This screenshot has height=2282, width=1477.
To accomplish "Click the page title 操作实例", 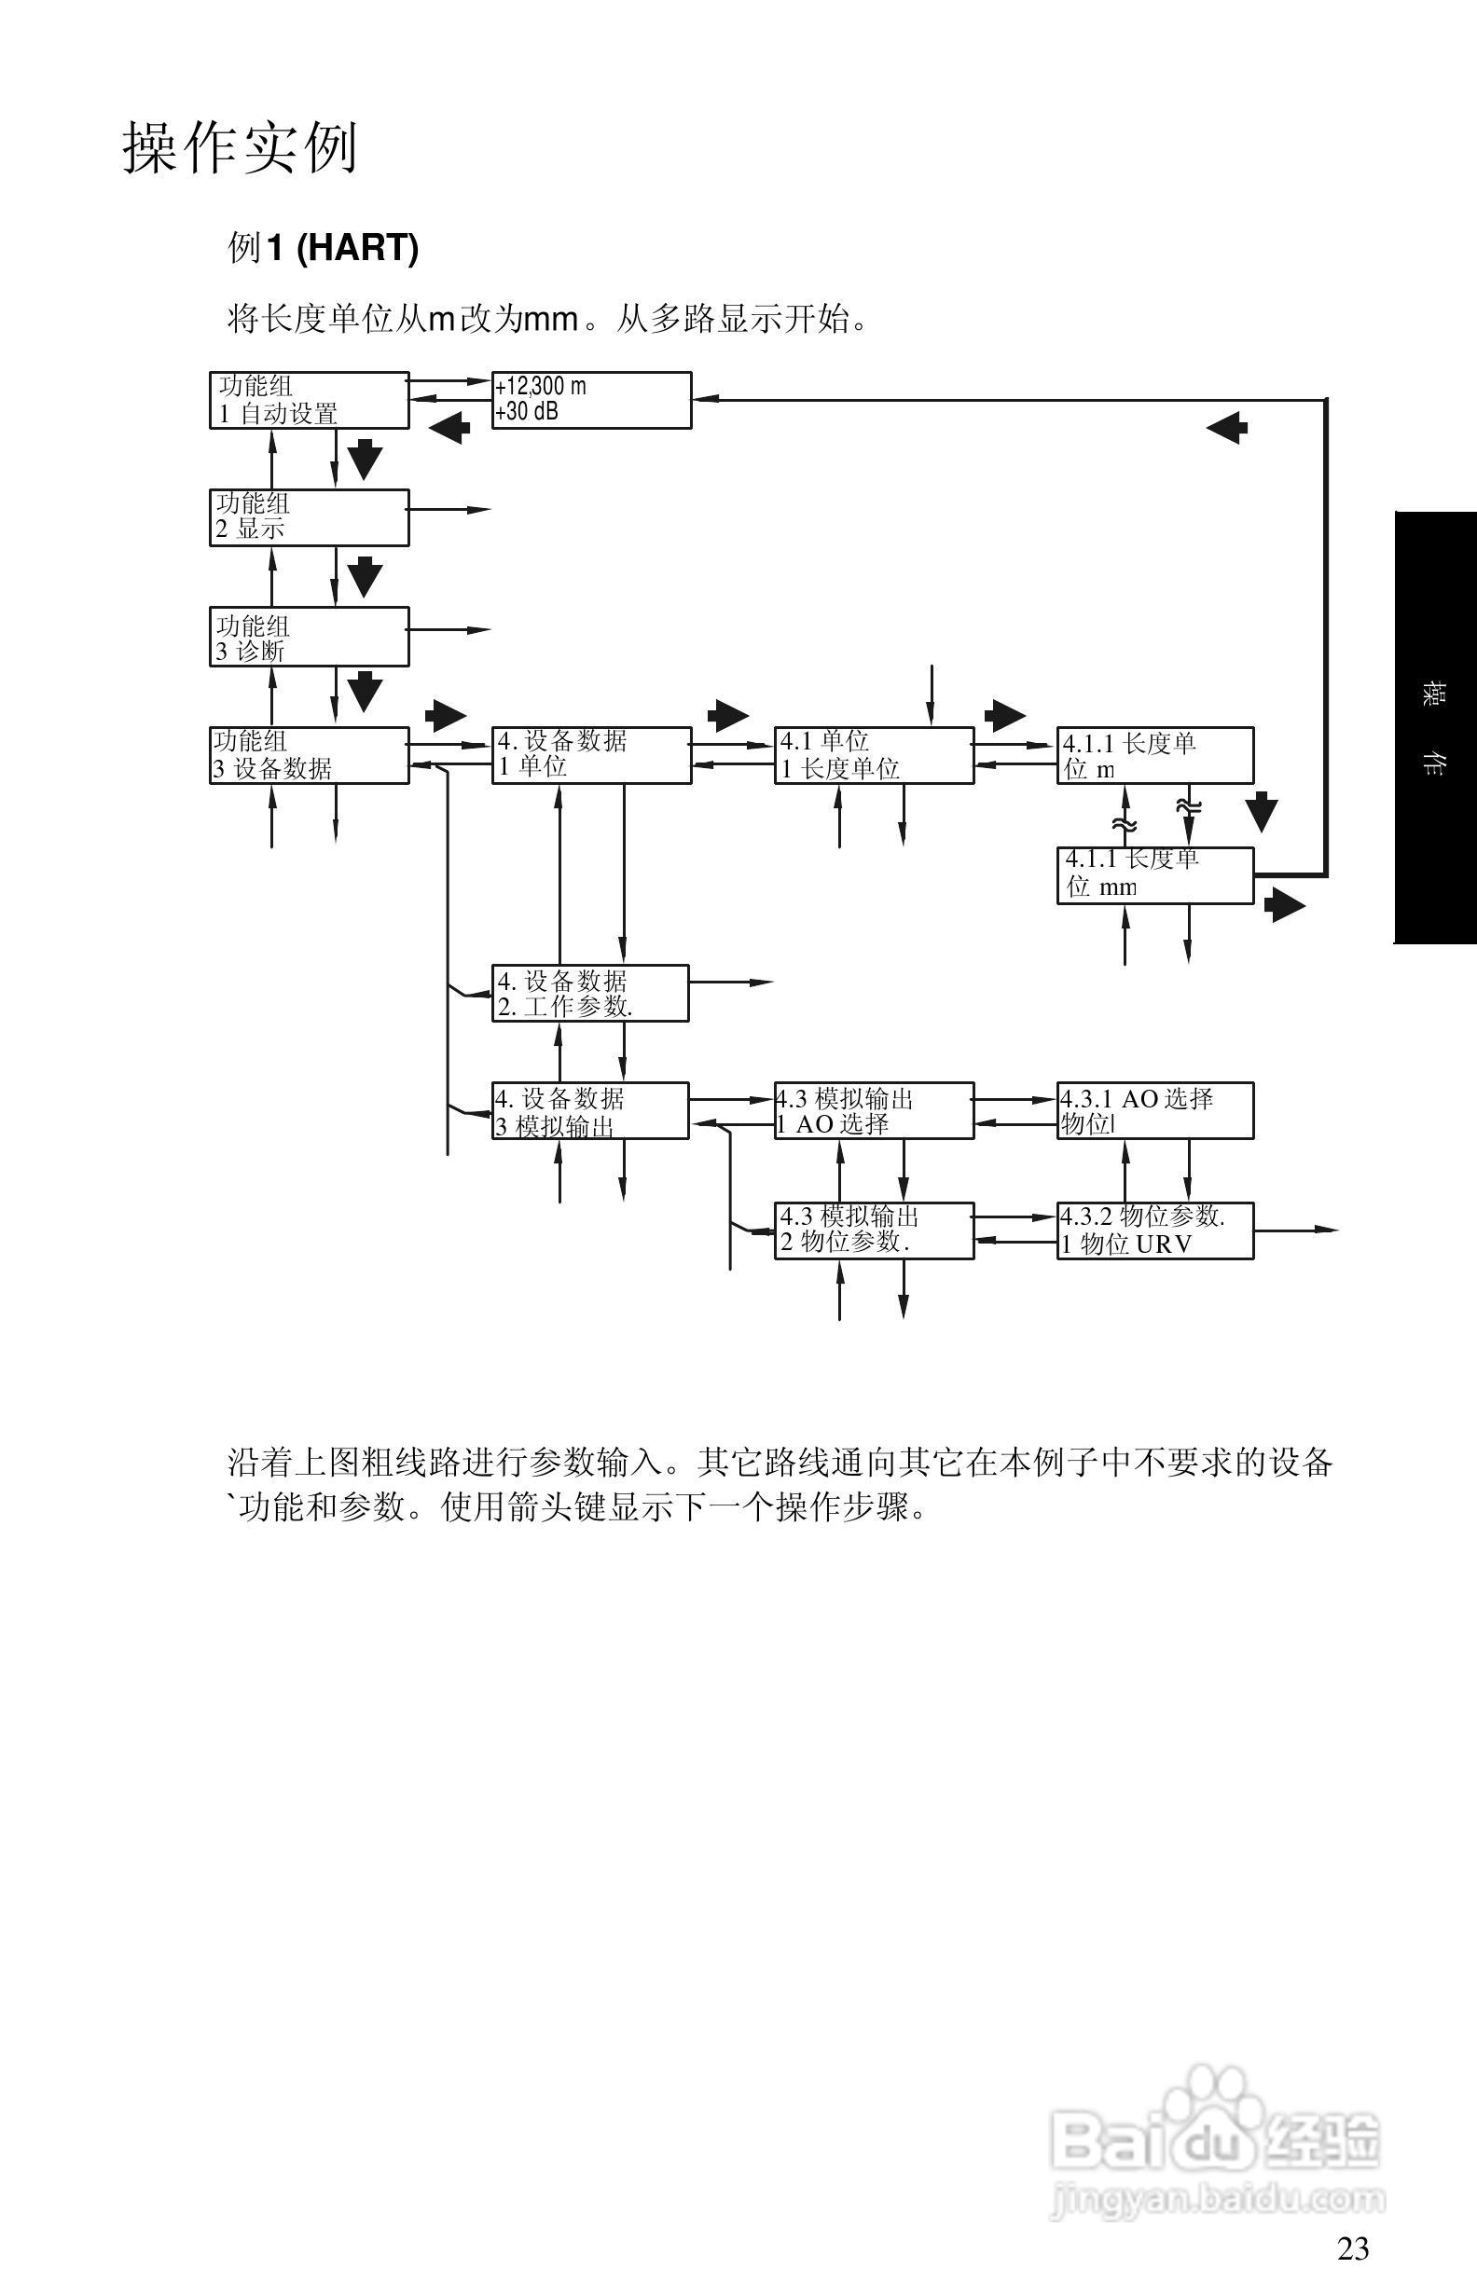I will pyautogui.click(x=240, y=148).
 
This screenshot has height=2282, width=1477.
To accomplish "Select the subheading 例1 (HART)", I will pyautogui.click(x=324, y=248).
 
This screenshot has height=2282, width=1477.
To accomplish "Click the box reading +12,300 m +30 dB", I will pyautogui.click(x=591, y=400).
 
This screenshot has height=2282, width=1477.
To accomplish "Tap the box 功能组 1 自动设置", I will pyautogui.click(x=309, y=401).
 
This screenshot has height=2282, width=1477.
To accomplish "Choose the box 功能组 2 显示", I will pyautogui.click(x=309, y=517).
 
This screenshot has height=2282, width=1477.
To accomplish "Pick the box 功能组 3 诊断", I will pyautogui.click(x=309, y=637).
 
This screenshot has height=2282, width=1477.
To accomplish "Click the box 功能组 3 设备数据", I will pyautogui.click(x=309, y=756).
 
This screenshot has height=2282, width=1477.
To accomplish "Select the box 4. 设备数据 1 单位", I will pyautogui.click(x=591, y=756).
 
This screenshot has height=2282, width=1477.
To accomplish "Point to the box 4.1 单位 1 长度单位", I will pyautogui.click(x=874, y=756).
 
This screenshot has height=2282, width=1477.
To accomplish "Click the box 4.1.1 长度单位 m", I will pyautogui.click(x=1154, y=756).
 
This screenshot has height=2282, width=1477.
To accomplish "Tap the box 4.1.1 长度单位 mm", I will pyautogui.click(x=1154, y=874).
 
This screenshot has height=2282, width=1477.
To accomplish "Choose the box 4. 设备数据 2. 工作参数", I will pyautogui.click(x=590, y=994).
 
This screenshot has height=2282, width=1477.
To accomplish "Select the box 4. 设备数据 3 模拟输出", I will pyautogui.click(x=590, y=1111).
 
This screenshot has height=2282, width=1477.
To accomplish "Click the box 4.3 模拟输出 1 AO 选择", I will pyautogui.click(x=874, y=1111).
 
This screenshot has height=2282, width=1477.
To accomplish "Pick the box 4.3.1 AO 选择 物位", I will pyautogui.click(x=1154, y=1111).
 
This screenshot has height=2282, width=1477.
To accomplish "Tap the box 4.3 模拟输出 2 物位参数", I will pyautogui.click(x=874, y=1230).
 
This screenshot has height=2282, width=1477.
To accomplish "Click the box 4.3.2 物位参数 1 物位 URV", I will pyautogui.click(x=1154, y=1230).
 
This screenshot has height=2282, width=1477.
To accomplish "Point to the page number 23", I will pyautogui.click(x=1352, y=2248).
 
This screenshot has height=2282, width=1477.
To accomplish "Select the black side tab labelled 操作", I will pyautogui.click(x=1435, y=728).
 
